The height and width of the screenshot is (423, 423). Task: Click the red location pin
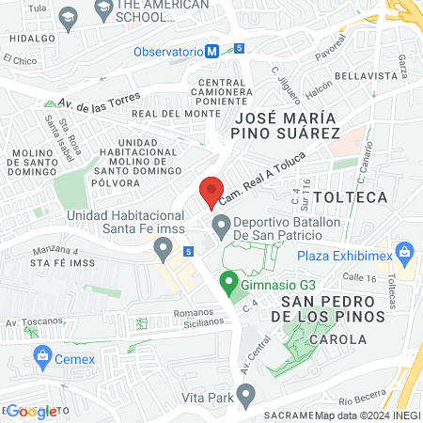click(211, 191)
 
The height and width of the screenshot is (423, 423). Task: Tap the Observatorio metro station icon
click(213, 51)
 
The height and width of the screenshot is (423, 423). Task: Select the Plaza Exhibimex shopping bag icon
click(405, 251)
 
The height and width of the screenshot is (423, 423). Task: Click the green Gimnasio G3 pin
click(227, 280)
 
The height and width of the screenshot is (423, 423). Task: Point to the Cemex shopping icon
click(42, 355)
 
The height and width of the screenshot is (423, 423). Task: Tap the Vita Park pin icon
click(246, 398)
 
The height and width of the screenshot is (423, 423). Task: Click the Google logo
click(30, 412)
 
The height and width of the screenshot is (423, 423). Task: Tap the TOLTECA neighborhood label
click(350, 197)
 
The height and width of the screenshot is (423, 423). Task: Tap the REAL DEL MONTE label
click(168, 114)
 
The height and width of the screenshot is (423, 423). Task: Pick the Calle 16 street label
click(359, 277)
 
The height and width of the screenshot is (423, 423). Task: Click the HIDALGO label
click(27, 39)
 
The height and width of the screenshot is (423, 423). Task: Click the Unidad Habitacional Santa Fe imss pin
click(164, 249)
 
